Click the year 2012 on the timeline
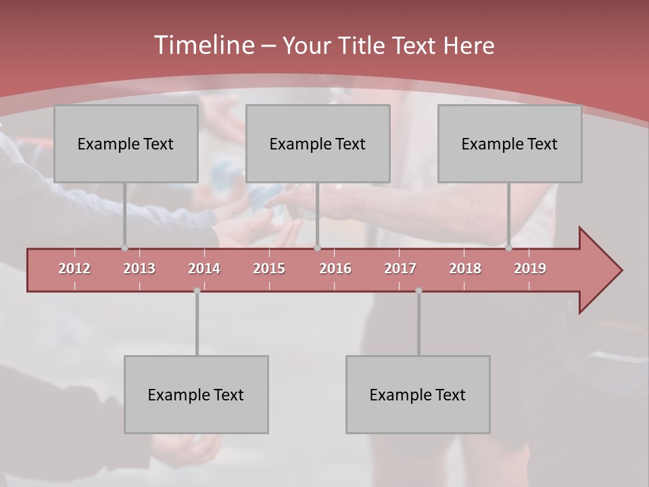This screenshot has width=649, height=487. (x=74, y=269)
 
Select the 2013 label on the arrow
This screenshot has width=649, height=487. (x=139, y=269)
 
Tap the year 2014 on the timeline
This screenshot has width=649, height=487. (x=204, y=269)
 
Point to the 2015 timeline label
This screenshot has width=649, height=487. (x=269, y=269)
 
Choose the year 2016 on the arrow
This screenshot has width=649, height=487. (x=335, y=269)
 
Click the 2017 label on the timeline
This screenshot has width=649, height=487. (x=400, y=269)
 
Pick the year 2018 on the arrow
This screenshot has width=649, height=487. (x=465, y=269)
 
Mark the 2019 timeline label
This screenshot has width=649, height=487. (x=530, y=269)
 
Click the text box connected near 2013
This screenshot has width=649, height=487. (x=126, y=143)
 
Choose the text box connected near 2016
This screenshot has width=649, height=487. (x=318, y=143)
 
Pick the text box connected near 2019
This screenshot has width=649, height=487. (x=510, y=143)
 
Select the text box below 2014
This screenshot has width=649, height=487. (x=196, y=394)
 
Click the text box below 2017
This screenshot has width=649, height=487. (x=418, y=394)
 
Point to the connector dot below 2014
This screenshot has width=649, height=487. (x=197, y=290)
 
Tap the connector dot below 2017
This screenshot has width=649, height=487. (x=418, y=290)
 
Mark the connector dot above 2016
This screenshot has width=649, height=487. (x=317, y=248)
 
